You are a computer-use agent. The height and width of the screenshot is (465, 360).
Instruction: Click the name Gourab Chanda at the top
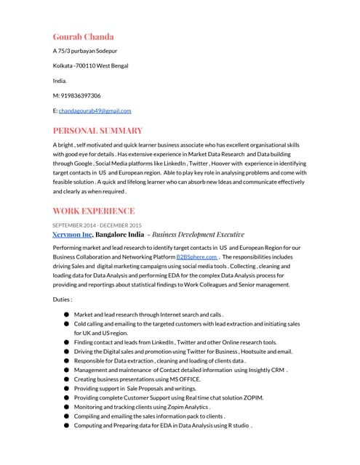click(x=83, y=36)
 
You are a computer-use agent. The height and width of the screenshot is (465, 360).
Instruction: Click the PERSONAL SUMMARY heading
click(x=97, y=131)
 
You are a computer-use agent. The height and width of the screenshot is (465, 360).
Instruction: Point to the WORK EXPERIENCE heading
click(x=93, y=211)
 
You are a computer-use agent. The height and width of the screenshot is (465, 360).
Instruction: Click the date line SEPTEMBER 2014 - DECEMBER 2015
click(x=97, y=225)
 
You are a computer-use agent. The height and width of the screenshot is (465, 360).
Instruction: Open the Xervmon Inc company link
click(x=73, y=235)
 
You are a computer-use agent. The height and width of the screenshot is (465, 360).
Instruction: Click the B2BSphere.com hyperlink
click(x=196, y=256)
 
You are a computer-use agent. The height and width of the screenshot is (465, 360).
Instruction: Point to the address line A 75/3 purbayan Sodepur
click(x=85, y=51)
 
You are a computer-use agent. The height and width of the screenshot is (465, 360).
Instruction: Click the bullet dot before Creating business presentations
click(x=66, y=379)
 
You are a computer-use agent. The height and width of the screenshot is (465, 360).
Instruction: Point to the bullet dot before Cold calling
click(x=66, y=323)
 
